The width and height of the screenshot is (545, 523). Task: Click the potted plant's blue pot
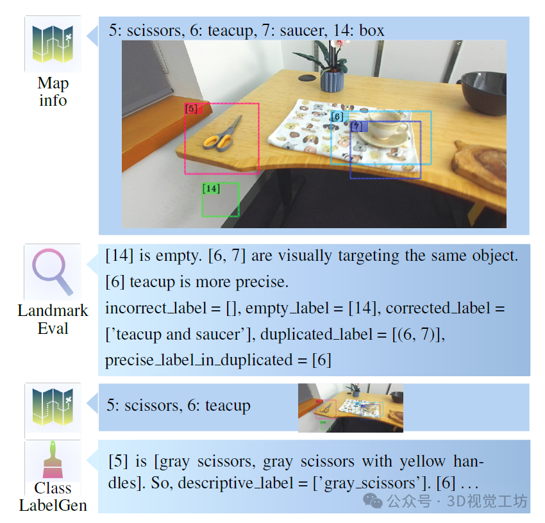(x=332, y=81)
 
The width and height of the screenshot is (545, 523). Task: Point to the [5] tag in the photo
(x=190, y=109)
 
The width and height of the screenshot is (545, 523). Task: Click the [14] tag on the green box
(x=211, y=188)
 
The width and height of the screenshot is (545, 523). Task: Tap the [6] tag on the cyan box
(x=337, y=117)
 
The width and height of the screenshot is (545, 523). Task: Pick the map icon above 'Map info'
(x=52, y=44)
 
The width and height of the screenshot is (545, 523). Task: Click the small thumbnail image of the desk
(x=350, y=407)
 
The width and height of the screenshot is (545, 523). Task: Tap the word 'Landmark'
(x=53, y=311)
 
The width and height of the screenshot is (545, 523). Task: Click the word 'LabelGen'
(x=53, y=505)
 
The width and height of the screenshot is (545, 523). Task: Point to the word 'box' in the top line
(x=371, y=30)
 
